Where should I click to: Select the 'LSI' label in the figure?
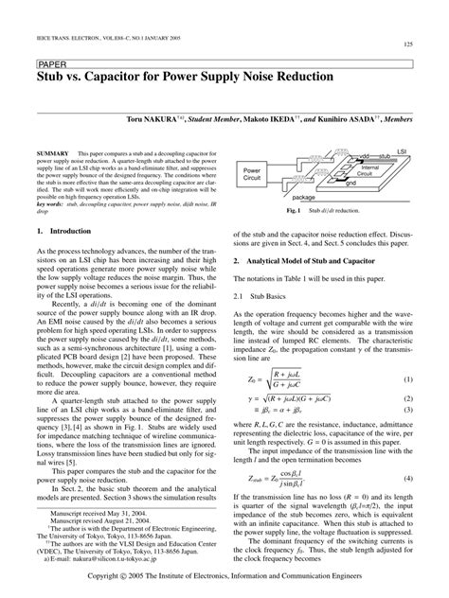point(402,150)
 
